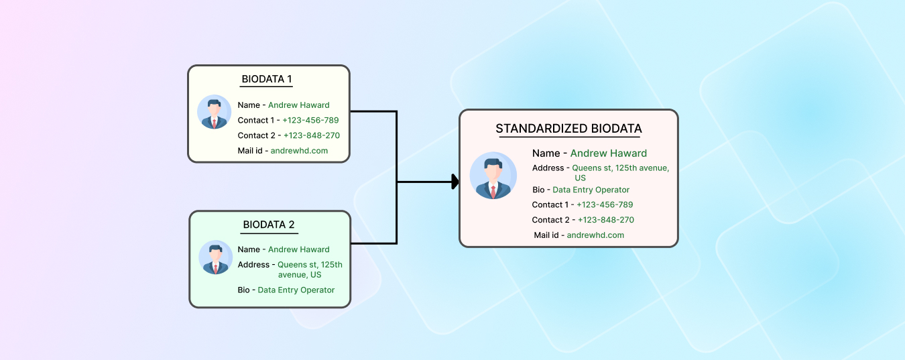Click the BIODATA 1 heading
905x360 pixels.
point(266,79)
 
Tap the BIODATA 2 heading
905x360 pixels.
point(269,225)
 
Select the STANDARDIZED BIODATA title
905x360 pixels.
point(568,129)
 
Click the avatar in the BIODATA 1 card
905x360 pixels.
point(215,112)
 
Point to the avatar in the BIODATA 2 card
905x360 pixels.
point(216,257)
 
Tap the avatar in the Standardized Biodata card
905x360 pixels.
point(493,176)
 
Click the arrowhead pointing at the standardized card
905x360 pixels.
point(455,182)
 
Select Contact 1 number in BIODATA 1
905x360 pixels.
point(310,121)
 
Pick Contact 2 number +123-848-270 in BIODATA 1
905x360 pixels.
point(311,135)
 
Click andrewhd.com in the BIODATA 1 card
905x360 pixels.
point(299,151)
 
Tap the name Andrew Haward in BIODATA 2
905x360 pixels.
point(298,249)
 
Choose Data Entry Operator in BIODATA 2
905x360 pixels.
point(296,290)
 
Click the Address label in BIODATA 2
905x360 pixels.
point(253,265)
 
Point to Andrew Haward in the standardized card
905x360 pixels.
point(608,154)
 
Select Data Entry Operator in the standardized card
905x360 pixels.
point(591,190)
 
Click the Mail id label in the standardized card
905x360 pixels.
point(547,235)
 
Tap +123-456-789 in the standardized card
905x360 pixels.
point(605,205)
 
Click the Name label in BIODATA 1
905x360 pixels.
point(249,105)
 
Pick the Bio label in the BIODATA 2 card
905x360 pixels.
point(243,290)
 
